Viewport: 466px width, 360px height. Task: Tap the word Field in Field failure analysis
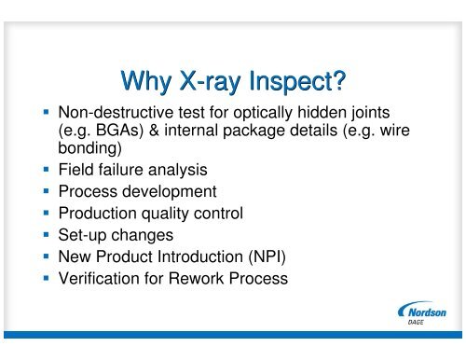pyautogui.click(x=75, y=173)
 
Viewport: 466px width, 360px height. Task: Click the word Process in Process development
pyautogui.click(x=89, y=193)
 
